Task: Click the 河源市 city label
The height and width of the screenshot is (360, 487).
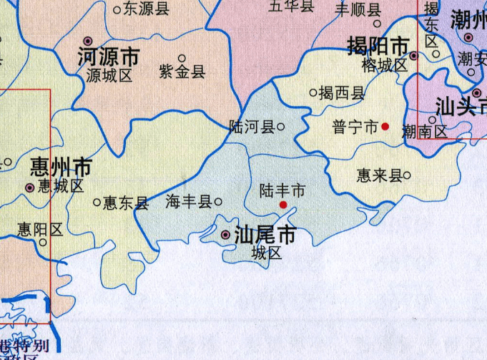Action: [x=108, y=57]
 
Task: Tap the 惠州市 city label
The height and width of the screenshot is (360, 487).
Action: [x=61, y=168]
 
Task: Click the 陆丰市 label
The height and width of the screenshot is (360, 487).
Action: [x=282, y=190]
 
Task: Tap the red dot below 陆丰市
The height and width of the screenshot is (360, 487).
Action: [x=283, y=205]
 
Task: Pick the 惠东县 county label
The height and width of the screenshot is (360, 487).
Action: [x=125, y=203]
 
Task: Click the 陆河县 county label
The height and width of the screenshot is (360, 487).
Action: [x=251, y=127]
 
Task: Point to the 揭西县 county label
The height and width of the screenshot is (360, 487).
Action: [x=341, y=92]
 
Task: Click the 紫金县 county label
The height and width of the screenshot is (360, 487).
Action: [x=182, y=72]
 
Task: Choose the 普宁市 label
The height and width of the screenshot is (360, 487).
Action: [x=355, y=127]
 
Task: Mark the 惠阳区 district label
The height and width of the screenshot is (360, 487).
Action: [x=40, y=230]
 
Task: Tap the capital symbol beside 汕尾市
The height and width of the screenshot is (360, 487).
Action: [x=226, y=235]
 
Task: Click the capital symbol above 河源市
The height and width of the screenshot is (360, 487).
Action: [x=88, y=42]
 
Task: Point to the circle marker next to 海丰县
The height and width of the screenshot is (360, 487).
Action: [x=218, y=203]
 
